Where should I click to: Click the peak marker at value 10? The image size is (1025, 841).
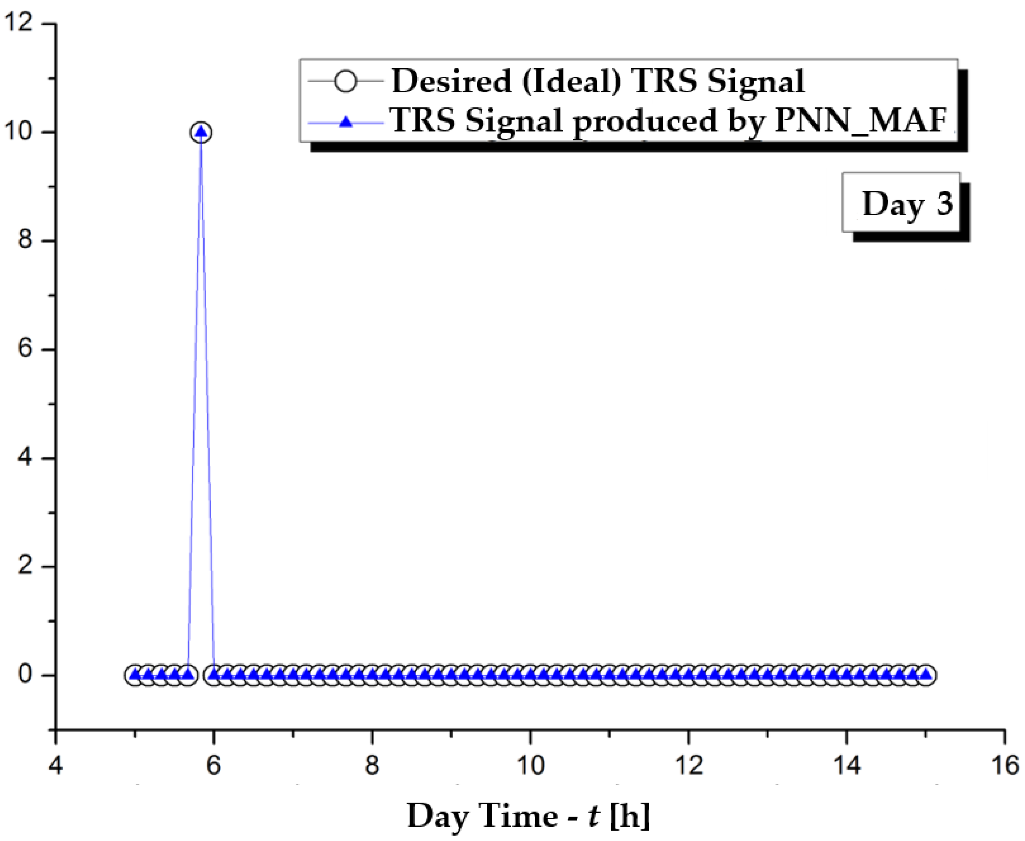(201, 132)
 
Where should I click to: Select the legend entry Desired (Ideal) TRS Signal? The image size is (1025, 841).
(597, 81)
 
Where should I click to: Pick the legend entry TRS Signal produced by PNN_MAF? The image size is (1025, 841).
(668, 120)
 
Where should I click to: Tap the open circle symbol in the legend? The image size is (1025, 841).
(345, 81)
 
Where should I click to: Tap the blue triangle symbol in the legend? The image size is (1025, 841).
(345, 121)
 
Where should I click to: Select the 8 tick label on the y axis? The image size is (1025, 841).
(25, 240)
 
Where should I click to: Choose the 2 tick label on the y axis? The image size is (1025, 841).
(25, 566)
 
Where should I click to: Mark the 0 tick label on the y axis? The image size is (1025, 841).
(25, 675)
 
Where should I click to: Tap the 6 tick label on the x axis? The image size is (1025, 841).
(214, 765)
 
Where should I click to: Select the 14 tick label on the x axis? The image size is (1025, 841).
(846, 765)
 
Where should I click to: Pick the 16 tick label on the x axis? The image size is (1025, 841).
(1005, 765)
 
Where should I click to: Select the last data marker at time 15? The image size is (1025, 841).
(926, 675)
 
